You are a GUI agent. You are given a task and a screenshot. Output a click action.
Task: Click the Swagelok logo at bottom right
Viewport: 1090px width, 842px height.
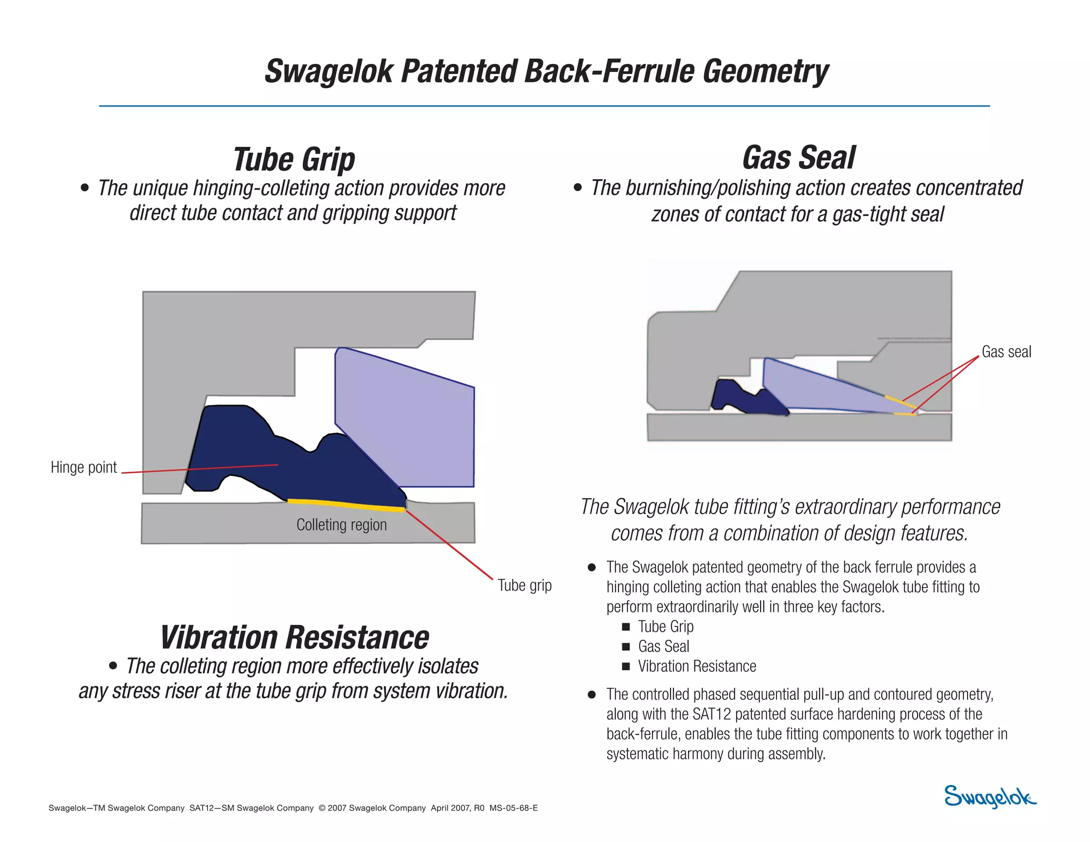tap(989, 797)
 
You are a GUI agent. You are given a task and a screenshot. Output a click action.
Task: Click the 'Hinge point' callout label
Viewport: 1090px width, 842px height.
tap(84, 467)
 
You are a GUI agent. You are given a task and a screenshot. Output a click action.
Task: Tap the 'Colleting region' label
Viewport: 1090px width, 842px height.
tap(341, 525)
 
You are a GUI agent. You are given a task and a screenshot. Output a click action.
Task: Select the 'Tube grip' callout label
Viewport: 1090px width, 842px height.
tap(524, 585)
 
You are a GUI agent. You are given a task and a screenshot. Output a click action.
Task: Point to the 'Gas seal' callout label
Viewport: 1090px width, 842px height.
tap(1006, 352)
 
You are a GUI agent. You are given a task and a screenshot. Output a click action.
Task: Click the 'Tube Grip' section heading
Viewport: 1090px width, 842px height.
tap(294, 159)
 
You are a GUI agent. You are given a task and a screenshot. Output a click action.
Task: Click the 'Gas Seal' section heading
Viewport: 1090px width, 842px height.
tap(798, 158)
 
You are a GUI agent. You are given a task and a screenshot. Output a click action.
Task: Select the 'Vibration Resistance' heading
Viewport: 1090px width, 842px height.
tap(294, 638)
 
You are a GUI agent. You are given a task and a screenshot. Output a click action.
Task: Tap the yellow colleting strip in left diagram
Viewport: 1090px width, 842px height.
tap(346, 504)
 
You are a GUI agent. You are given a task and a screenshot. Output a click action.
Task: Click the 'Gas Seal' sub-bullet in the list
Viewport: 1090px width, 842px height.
tap(663, 647)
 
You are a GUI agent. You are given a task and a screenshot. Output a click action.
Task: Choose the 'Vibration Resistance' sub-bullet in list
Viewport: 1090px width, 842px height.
tap(697, 666)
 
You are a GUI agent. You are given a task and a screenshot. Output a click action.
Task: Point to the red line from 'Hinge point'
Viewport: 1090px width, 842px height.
tap(202, 469)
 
